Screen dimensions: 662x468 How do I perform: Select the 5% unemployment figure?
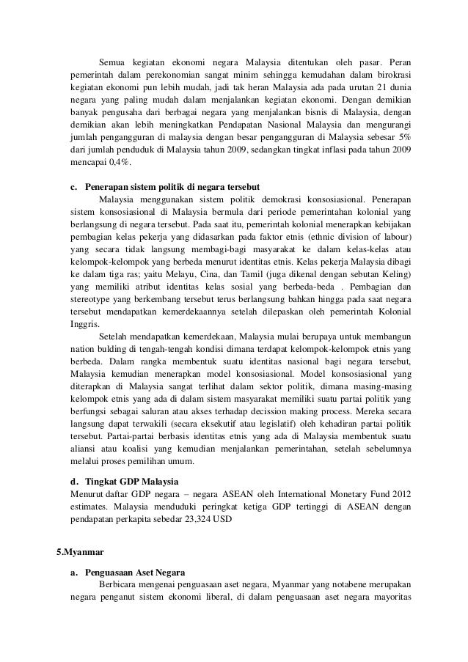405,139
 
